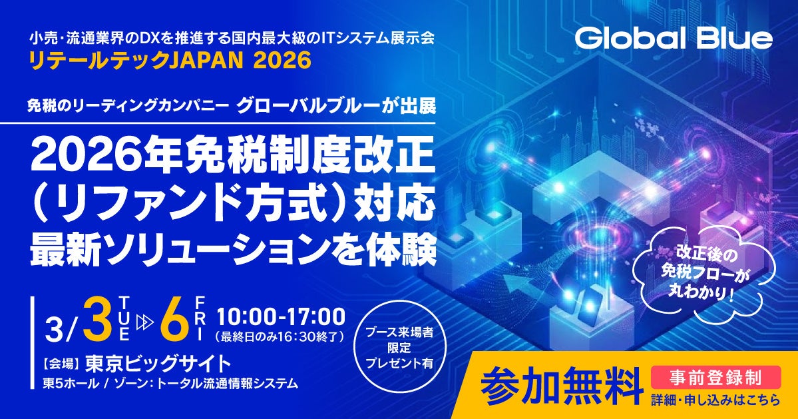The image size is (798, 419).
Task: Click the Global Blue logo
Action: (x=674, y=38)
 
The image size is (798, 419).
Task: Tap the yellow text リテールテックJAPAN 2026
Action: (x=170, y=61)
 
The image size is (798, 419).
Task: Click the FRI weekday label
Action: (x=200, y=318)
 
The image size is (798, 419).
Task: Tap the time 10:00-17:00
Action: (x=281, y=316)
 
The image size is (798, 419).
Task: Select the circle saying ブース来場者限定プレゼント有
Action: (x=399, y=348)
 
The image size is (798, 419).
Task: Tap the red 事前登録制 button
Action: (x=715, y=377)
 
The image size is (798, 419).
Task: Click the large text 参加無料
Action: (x=561, y=384)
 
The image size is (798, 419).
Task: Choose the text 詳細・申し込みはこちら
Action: (x=715, y=400)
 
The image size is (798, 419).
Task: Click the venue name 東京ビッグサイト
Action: (x=158, y=363)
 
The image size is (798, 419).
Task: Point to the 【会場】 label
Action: (x=61, y=364)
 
